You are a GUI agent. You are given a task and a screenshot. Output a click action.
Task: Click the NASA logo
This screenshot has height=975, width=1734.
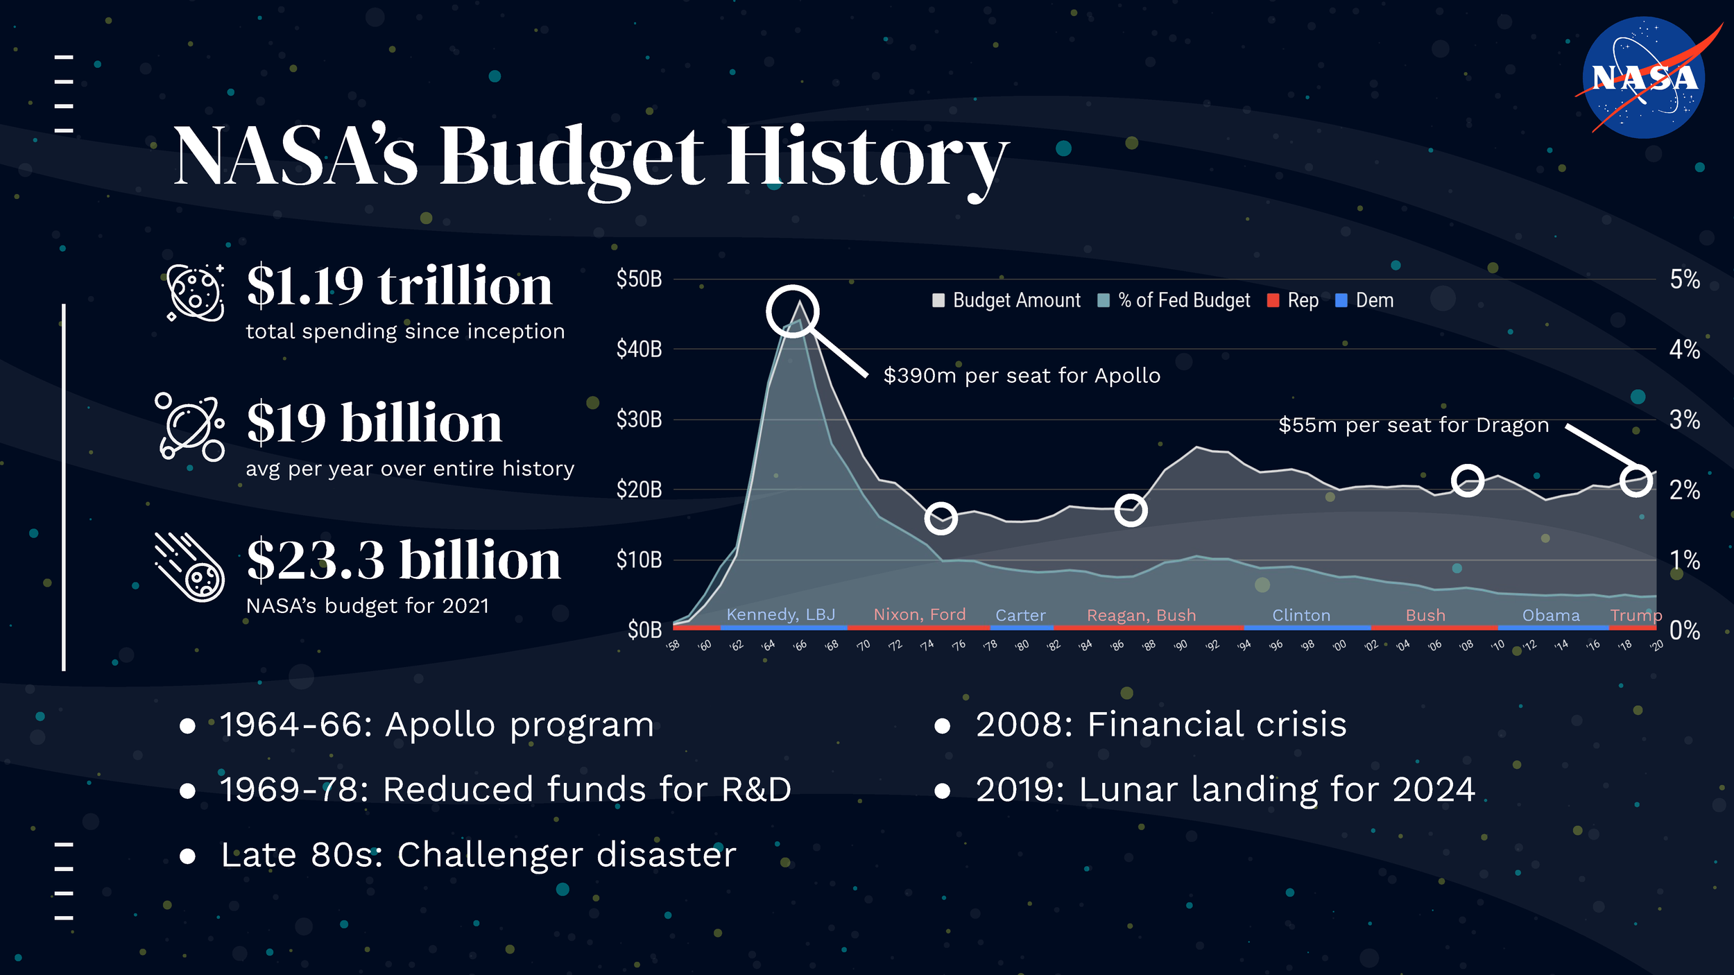pos(1644,78)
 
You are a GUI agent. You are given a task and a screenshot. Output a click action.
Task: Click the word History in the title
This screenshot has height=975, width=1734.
pos(867,158)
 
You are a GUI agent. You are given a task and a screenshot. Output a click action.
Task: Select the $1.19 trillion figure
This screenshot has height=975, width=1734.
pos(400,286)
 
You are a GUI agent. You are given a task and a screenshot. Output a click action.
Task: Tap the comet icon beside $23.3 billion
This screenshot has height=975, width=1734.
pos(189,567)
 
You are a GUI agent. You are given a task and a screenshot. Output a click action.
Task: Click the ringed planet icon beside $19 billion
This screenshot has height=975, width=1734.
pos(189,428)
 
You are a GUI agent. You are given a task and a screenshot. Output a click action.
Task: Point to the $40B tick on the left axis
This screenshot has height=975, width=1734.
pos(639,349)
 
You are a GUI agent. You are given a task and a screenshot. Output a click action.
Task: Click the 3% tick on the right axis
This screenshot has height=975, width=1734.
pos(1684,420)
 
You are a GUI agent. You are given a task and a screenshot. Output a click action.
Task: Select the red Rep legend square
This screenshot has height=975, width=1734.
pos(1273,300)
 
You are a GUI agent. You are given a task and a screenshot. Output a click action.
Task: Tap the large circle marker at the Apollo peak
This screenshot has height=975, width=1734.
pos(792,311)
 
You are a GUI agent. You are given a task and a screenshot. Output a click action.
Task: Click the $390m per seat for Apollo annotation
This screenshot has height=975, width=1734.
pos(1022,376)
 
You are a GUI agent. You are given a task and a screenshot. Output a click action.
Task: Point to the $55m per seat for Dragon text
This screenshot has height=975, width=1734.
pos(1414,425)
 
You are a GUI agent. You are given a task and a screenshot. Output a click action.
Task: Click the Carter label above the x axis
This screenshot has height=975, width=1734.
pos(1020,615)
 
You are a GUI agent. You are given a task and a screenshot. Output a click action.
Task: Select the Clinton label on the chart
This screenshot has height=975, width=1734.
pos(1301,615)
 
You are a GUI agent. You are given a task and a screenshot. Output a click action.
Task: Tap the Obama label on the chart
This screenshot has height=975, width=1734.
pos(1551,615)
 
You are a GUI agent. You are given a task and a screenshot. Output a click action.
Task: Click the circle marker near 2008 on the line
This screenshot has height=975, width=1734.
pos(1468,481)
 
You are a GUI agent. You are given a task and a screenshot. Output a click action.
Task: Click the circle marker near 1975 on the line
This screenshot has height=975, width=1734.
pos(941,518)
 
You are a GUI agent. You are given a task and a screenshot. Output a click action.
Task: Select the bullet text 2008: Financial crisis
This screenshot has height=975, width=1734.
pos(1160,725)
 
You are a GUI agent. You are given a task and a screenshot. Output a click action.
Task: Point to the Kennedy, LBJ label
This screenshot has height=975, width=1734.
pos(780,614)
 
